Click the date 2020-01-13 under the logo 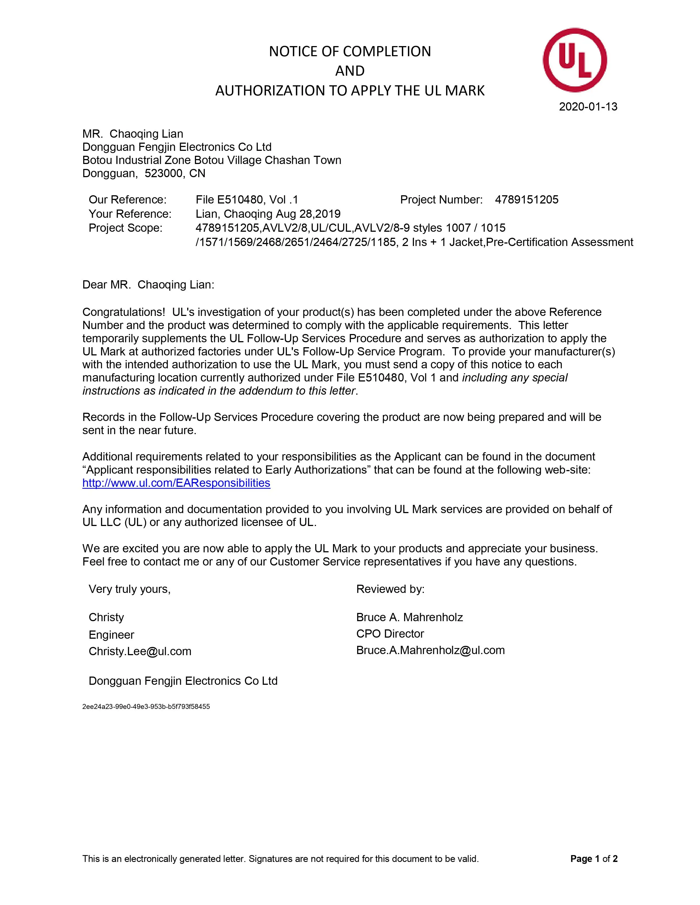coord(588,107)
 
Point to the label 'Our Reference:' coord(127,200)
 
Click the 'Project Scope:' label coord(125,228)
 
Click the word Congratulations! coord(124,312)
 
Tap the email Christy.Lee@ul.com coord(140,651)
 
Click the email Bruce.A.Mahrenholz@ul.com coord(430,650)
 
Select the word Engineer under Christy coord(111,635)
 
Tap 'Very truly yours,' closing coord(129,589)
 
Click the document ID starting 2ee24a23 coord(146,706)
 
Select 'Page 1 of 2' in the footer coord(593,859)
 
